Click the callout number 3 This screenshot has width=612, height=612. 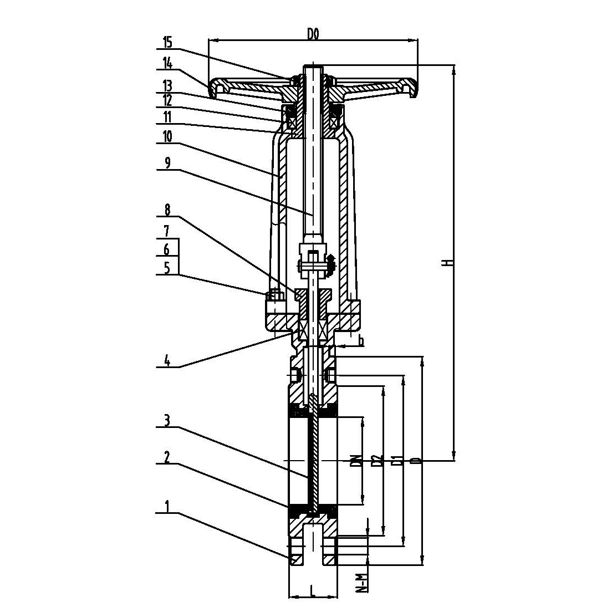click(x=167, y=421)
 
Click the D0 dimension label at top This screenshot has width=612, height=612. click(x=313, y=34)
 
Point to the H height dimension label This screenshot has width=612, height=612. click(x=450, y=262)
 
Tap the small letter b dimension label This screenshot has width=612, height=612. click(x=361, y=341)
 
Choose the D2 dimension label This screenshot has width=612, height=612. click(x=378, y=460)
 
